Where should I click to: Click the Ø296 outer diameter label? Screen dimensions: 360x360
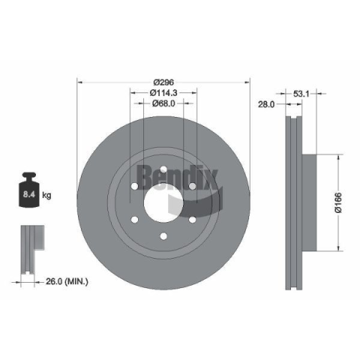coord(163,82)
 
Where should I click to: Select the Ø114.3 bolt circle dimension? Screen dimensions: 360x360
coord(163,93)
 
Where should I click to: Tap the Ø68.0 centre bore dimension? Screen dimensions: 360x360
coord(163,103)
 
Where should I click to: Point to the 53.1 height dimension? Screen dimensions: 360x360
coord(301,94)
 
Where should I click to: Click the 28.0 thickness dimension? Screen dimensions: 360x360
coord(266,104)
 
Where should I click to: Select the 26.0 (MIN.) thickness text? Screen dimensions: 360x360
coord(67,281)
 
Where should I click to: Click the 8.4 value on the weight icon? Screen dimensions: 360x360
coord(29,194)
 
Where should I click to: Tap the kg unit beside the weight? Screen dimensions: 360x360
coord(46,195)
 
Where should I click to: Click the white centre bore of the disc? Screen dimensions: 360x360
coord(163,202)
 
